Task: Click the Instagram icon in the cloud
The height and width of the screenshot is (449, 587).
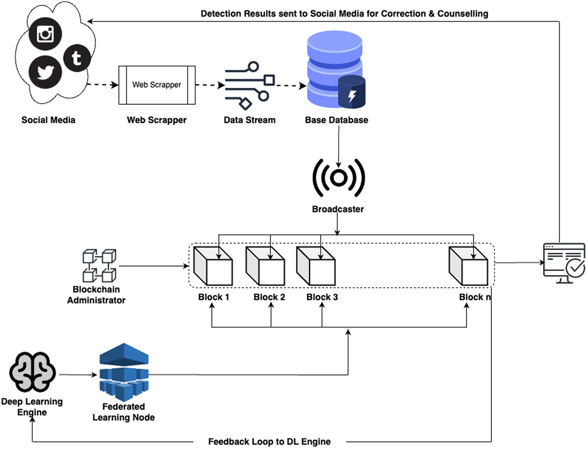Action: point(45,34)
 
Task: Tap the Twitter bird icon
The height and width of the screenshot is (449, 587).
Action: point(45,72)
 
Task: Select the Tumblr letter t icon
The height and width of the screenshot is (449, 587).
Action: point(77,58)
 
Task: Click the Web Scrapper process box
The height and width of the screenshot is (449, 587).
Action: point(157,85)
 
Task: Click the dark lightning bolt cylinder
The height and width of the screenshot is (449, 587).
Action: point(352,92)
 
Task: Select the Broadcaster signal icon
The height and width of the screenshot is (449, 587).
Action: point(339,178)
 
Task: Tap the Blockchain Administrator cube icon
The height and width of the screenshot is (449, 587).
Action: point(100,265)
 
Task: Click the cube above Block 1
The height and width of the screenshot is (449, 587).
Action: point(213,266)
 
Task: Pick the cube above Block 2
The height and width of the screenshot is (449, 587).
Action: point(265,266)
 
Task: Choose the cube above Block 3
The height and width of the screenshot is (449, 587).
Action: point(316,266)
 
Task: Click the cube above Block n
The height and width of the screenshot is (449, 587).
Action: point(468,266)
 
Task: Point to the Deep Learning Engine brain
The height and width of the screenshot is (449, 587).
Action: point(33,372)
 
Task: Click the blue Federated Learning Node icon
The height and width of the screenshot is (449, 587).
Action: point(124,372)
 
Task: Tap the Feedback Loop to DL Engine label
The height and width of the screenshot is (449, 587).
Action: point(269,441)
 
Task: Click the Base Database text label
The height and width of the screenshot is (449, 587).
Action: point(336,120)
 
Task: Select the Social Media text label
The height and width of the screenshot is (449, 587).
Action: point(48,120)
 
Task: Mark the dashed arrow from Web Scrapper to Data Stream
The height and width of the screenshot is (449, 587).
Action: point(210,85)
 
